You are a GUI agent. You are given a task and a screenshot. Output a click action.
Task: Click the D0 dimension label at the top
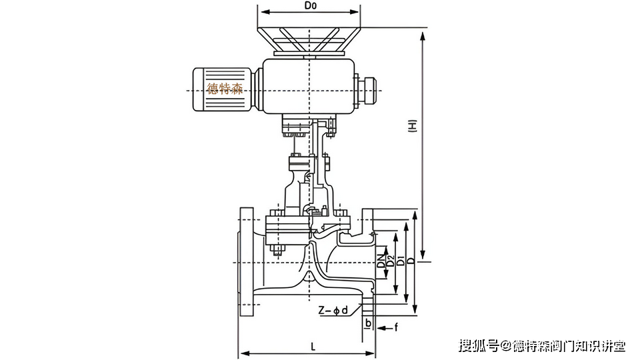point(309,6)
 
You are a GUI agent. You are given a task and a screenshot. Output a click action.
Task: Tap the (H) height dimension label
point(413,126)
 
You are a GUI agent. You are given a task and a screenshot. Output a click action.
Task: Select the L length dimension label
point(313,345)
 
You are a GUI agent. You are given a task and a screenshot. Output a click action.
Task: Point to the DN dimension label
point(381,261)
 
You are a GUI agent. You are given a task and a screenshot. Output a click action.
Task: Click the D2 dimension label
point(391,261)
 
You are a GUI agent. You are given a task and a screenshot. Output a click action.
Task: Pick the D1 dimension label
point(401,261)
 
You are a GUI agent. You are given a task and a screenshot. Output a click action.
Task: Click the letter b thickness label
point(367,322)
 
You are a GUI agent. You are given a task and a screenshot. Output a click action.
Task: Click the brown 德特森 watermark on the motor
point(225,88)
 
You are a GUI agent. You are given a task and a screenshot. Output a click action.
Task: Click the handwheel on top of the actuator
point(309,41)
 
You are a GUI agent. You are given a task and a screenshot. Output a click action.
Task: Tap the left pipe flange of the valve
point(247,262)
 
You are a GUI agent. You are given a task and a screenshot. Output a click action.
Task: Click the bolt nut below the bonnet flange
point(277,251)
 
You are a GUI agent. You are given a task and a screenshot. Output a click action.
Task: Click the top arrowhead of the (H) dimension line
point(422,33)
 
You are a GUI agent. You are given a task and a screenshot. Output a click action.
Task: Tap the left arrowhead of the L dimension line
point(243,352)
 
